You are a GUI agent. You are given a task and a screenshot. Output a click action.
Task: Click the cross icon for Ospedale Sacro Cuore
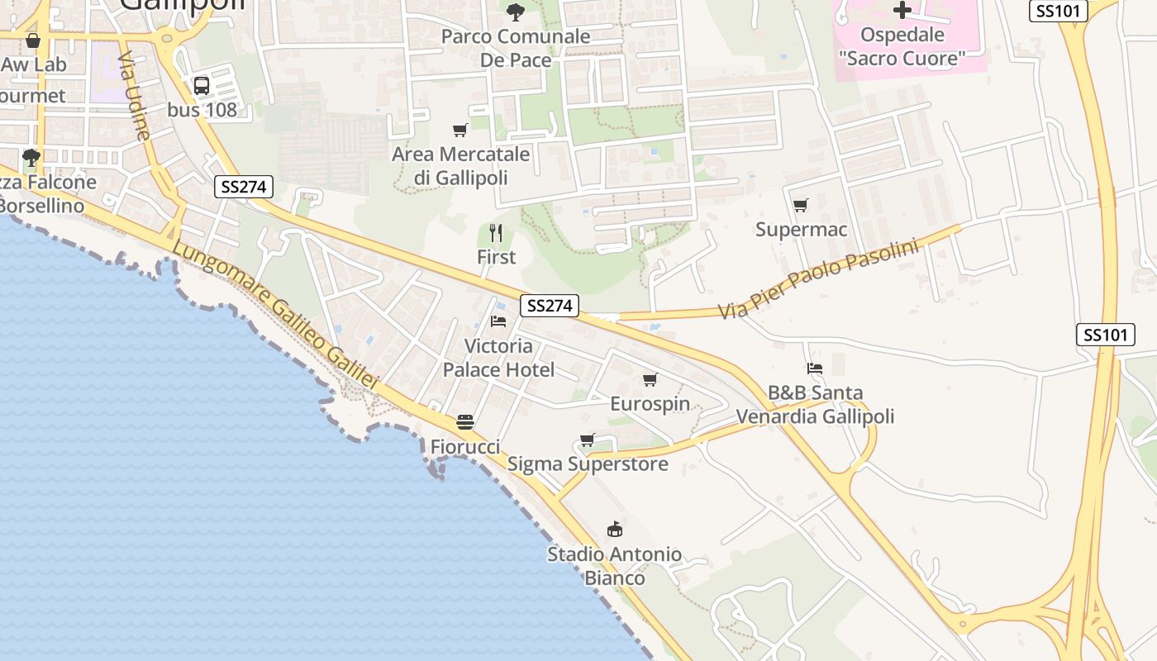point(902,10)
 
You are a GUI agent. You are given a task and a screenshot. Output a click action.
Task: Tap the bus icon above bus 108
point(202,85)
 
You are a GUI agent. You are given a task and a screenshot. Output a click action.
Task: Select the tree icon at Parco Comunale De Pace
point(515,12)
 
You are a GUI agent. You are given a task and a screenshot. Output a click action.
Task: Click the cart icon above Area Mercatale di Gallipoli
point(460,130)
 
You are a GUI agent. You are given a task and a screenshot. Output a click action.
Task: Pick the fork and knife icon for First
point(496,233)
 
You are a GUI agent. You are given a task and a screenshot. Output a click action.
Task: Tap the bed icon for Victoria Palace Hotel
point(498,321)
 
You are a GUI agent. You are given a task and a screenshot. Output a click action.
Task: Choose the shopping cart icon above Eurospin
point(650,380)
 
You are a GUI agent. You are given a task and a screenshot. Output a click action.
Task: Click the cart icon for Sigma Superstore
point(587,440)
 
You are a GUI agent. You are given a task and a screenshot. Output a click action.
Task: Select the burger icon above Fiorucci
point(465,422)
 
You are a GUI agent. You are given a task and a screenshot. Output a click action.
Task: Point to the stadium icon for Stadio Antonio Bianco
point(615,530)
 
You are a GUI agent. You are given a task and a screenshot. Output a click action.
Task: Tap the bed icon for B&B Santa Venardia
point(815,369)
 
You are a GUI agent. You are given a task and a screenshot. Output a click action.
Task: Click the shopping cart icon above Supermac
point(800,206)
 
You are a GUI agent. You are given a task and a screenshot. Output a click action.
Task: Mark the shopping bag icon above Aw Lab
point(33,40)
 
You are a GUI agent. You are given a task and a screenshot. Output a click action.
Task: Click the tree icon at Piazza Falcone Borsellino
point(31,157)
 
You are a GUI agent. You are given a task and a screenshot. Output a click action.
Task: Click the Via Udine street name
point(133,97)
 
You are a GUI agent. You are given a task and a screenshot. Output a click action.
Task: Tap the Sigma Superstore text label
point(588,464)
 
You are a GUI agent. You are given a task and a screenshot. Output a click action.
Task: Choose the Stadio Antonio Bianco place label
point(615,566)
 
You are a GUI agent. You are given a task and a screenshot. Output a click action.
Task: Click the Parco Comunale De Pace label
point(516,48)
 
